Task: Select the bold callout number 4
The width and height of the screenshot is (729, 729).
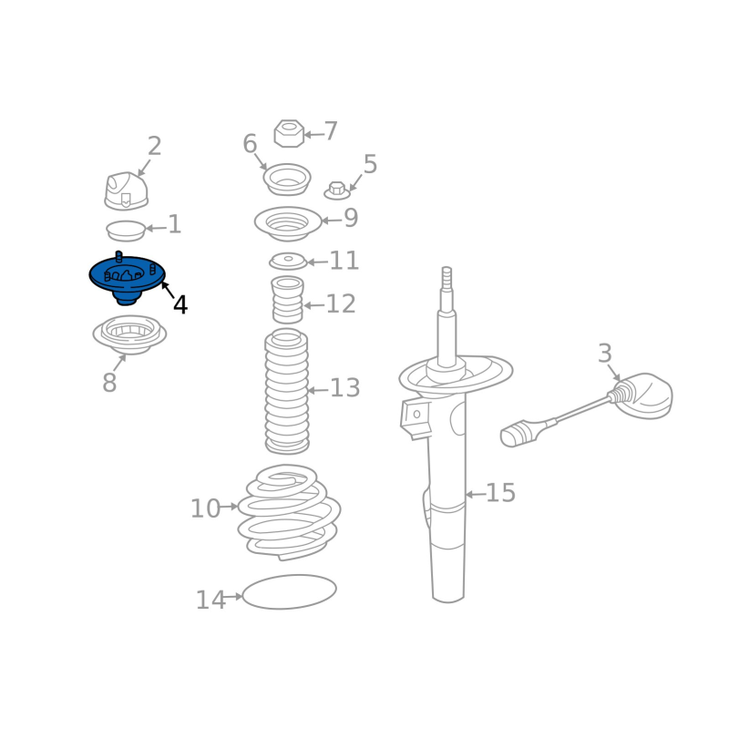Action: (x=180, y=305)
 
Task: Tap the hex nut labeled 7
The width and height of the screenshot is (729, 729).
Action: (x=289, y=134)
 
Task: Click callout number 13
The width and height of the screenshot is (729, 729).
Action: (x=345, y=388)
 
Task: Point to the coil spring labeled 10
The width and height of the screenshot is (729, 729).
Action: (x=289, y=511)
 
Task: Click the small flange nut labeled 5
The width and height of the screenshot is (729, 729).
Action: (x=337, y=191)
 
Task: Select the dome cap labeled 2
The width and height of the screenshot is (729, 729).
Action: (x=126, y=191)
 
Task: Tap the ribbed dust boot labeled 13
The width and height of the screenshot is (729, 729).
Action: (x=287, y=392)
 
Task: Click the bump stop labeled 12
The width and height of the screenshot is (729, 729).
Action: (x=288, y=300)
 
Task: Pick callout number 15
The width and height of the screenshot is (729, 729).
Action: (x=500, y=493)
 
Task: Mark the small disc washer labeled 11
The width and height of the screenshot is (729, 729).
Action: (x=288, y=262)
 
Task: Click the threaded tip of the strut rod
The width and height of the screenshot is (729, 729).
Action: (x=447, y=278)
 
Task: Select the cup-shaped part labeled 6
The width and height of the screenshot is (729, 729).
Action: (x=287, y=180)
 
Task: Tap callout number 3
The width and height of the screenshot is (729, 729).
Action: (x=604, y=354)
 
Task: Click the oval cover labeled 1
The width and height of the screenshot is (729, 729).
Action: (x=126, y=231)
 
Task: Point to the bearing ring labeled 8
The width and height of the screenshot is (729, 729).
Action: (x=129, y=334)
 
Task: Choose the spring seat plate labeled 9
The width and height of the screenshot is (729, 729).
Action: (x=288, y=223)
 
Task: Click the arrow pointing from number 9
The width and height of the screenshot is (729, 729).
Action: (x=332, y=221)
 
